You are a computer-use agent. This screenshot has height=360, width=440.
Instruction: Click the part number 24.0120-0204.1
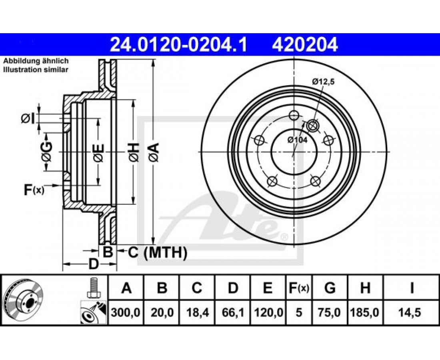(178, 45)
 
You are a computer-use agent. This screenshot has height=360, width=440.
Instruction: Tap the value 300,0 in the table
(126, 312)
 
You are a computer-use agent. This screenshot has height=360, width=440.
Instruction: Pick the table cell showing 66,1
(233, 312)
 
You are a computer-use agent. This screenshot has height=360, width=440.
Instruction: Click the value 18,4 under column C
(197, 312)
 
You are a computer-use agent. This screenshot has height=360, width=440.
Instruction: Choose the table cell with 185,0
(365, 312)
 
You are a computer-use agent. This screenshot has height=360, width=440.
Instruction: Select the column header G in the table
(330, 288)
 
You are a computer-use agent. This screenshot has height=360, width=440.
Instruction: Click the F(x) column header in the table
(298, 288)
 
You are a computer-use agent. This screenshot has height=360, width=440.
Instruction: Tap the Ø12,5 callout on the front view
(323, 82)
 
